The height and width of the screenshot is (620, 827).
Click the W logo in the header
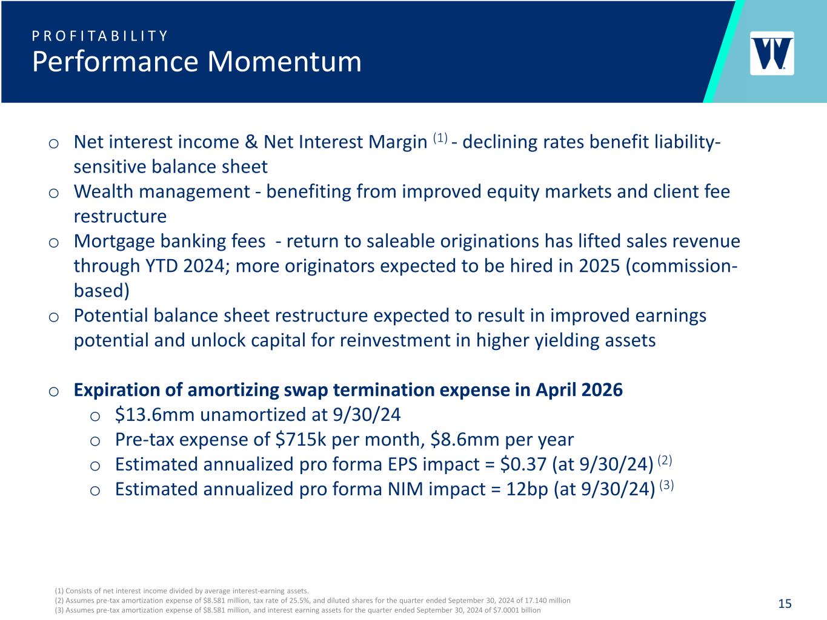[772, 53]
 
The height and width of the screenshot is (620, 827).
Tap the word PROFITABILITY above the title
[100, 36]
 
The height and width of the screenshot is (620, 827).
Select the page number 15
[785, 604]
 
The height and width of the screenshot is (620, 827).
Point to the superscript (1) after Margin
[440, 138]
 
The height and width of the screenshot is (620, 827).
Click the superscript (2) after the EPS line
[665, 460]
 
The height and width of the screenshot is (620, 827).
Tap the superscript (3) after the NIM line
[666, 485]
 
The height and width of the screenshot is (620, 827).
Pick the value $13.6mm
[155, 415]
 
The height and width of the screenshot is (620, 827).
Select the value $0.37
[523, 464]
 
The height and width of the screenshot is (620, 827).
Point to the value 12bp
[527, 489]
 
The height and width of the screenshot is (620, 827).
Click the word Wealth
[102, 191]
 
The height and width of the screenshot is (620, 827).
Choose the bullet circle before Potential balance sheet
[54, 317]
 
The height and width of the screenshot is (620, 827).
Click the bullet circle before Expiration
[54, 392]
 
